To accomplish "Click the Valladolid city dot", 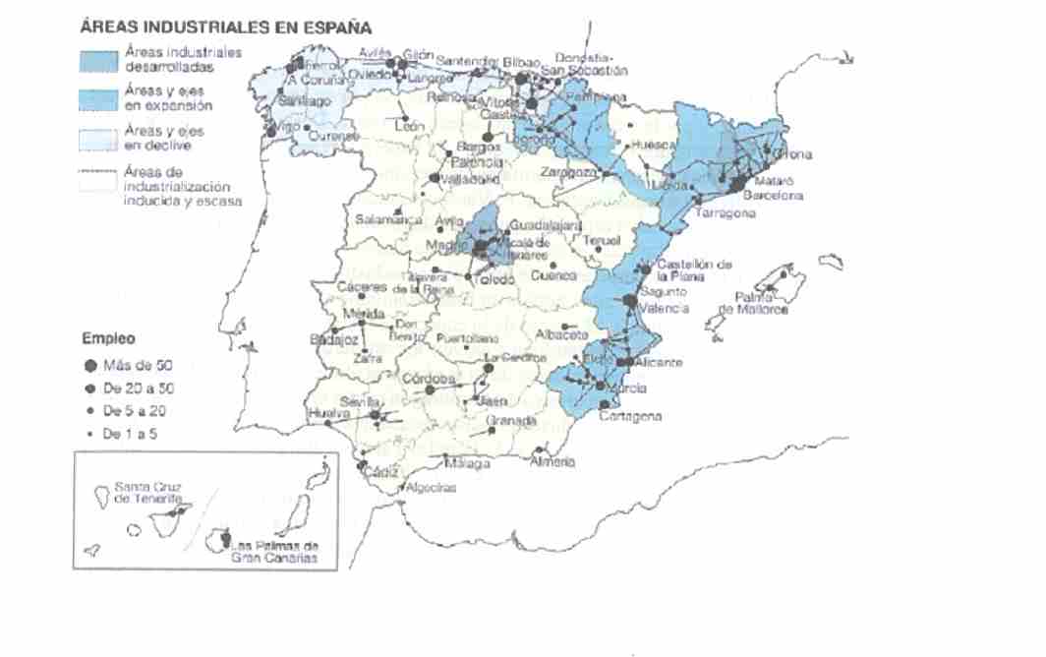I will click(x=435, y=178).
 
